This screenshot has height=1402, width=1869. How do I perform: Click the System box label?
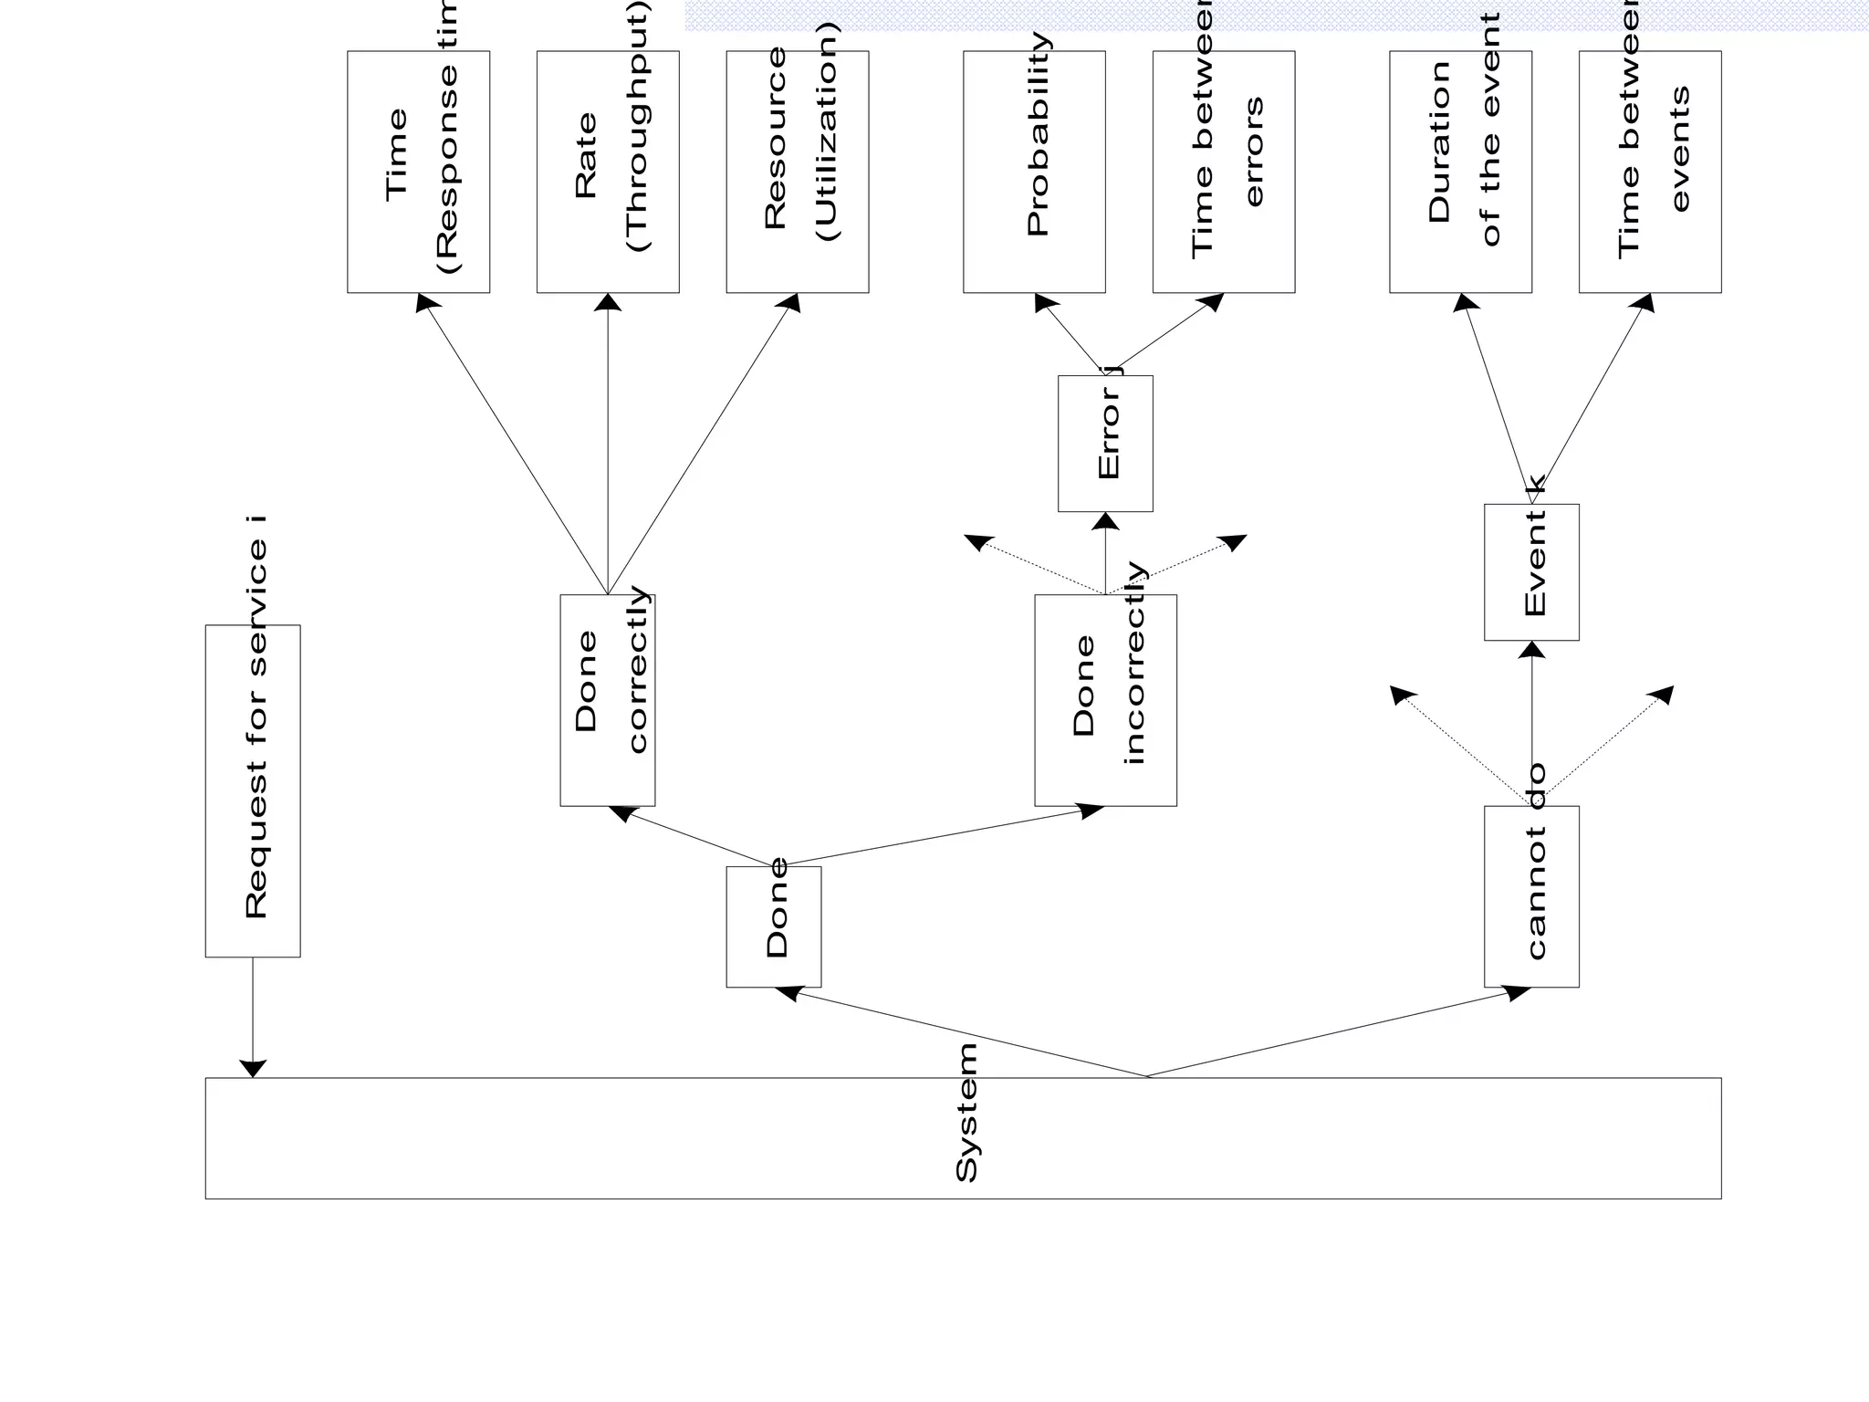point(966,1113)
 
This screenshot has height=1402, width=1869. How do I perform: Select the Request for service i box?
point(253,790)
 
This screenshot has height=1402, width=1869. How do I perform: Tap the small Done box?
point(774,926)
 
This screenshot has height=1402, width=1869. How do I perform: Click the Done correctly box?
point(608,700)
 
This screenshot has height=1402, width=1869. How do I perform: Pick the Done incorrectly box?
point(1105,700)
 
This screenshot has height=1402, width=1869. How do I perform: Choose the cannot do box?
point(1531,896)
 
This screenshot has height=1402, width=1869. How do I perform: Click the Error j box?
point(1105,444)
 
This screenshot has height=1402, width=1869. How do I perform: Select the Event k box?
point(1531,572)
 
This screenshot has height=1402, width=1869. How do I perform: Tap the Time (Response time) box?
point(419,172)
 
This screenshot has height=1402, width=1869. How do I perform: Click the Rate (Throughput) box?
point(608,172)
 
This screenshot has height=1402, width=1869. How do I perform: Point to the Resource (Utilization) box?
point(798,172)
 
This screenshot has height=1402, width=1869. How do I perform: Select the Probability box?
point(1034,172)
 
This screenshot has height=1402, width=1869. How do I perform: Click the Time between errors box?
point(1224,172)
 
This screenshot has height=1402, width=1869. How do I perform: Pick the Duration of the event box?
point(1460,172)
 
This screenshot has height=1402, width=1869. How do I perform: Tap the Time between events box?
point(1650,172)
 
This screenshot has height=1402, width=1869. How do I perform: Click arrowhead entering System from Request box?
point(253,1068)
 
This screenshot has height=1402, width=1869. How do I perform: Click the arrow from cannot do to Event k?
point(1531,721)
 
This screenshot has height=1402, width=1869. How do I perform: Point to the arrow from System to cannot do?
point(1332,1034)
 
